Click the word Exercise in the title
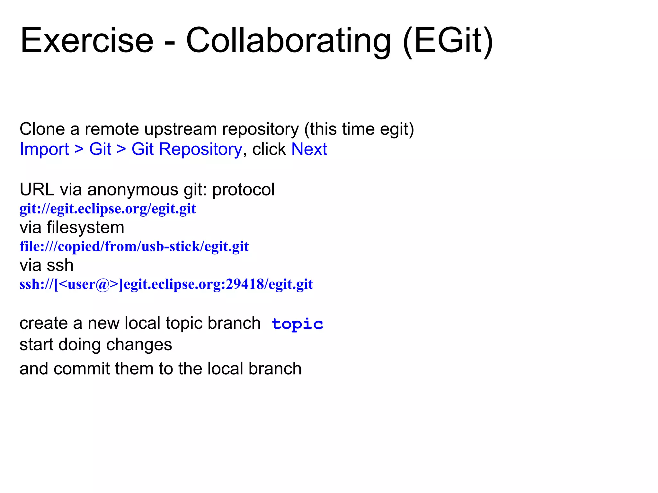(87, 41)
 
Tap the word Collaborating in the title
(288, 41)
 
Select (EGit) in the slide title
(448, 41)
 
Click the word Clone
(42, 129)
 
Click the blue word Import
(44, 149)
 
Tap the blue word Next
(309, 149)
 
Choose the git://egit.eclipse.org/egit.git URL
(108, 209)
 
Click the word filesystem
(85, 228)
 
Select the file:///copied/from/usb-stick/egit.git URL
(134, 246)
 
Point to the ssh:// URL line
(166, 284)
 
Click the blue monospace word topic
(297, 324)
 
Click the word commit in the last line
(82, 368)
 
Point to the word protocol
(243, 189)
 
